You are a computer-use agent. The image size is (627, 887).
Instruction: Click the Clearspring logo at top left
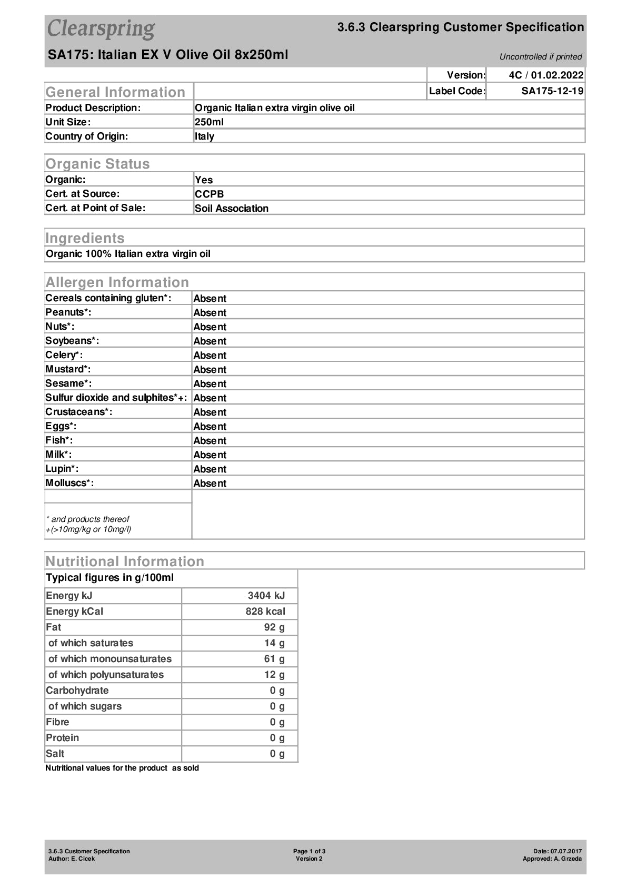tap(101, 28)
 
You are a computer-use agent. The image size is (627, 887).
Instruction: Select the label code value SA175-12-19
tap(552, 91)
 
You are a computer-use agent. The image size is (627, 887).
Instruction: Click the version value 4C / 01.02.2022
tap(546, 75)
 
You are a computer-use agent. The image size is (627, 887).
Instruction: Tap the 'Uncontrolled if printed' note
tap(541, 57)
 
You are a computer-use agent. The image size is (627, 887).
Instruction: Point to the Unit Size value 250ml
tap(210, 122)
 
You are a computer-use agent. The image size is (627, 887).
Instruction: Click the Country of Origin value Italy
tap(205, 136)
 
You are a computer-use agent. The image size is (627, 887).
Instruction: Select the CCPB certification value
tap(210, 194)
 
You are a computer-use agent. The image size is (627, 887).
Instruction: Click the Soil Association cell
tap(232, 208)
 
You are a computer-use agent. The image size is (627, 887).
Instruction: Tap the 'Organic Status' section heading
tap(97, 164)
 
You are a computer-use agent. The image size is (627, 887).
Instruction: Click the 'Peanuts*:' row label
tap(68, 312)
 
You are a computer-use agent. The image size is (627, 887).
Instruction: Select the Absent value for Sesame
tap(210, 384)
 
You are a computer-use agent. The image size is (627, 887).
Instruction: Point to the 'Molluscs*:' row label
tap(69, 483)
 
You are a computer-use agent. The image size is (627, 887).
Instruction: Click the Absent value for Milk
tap(210, 455)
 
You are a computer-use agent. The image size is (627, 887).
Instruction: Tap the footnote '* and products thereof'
tap(87, 519)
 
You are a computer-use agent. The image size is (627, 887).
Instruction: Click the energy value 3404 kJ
tap(266, 596)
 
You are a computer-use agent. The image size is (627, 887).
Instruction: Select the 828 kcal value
tap(265, 612)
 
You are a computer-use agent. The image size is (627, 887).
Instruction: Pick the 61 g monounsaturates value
tap(274, 659)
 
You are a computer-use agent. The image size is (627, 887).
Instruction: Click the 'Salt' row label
tap(55, 754)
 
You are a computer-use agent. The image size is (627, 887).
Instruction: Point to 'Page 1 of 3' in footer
tap(309, 851)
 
